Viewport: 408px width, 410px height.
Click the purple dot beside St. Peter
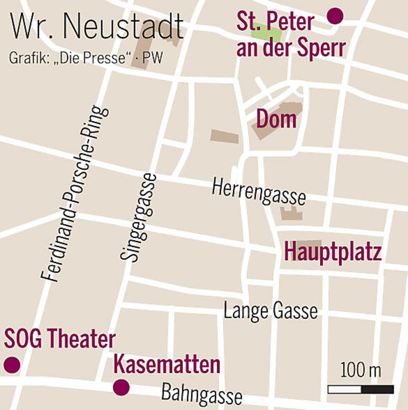[335, 16]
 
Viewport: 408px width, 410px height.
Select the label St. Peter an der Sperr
[291, 35]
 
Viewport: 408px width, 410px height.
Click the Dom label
[276, 119]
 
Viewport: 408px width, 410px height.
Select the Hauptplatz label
[333, 251]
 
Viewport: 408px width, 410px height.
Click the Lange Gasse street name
[270, 311]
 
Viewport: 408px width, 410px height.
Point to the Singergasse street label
[139, 218]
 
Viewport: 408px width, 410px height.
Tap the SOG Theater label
[60, 339]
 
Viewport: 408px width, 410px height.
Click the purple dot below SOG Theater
[12, 365]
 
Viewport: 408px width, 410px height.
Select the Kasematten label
[167, 365]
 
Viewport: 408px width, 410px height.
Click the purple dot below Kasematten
[121, 387]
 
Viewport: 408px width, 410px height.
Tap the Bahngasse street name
[202, 394]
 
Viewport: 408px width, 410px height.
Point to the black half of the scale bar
[377, 389]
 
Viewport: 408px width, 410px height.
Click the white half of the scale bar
[344, 389]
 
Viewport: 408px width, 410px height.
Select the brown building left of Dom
[224, 136]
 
